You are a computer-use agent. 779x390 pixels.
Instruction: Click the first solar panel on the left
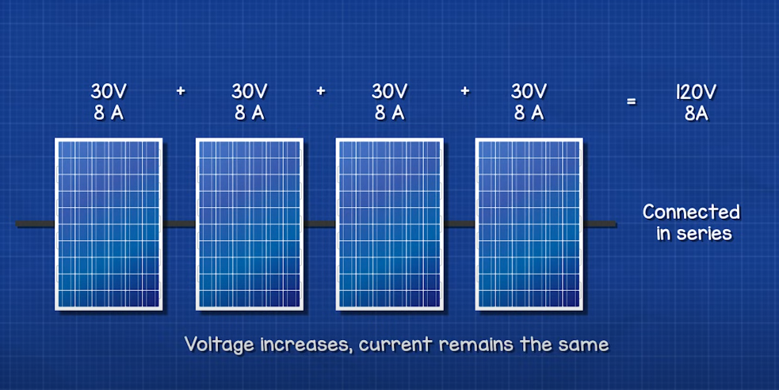pos(109,224)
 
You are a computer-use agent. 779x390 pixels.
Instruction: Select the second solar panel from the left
pos(250,224)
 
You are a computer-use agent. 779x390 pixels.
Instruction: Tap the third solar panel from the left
pos(390,224)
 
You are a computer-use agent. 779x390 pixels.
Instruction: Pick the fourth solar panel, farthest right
pos(529,224)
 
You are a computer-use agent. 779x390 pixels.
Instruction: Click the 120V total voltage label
pos(696,93)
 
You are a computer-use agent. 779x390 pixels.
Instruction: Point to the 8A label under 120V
pos(696,114)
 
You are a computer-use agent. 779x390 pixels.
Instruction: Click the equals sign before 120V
pos(631,101)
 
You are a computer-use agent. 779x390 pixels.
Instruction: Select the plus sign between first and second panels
pos(181,91)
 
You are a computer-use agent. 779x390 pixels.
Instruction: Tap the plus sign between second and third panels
pos(321,91)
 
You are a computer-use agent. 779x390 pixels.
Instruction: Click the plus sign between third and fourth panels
pos(465,91)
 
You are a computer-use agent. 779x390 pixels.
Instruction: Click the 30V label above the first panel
pos(109,91)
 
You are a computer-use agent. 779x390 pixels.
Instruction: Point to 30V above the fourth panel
pos(529,91)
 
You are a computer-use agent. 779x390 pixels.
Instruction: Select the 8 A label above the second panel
pos(250,113)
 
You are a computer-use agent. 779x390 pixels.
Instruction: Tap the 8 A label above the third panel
pos(390,113)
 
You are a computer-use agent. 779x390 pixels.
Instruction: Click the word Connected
pos(691,212)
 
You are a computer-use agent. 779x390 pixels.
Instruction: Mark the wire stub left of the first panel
pos(36,224)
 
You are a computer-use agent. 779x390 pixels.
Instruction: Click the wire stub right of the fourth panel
pos(600,224)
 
